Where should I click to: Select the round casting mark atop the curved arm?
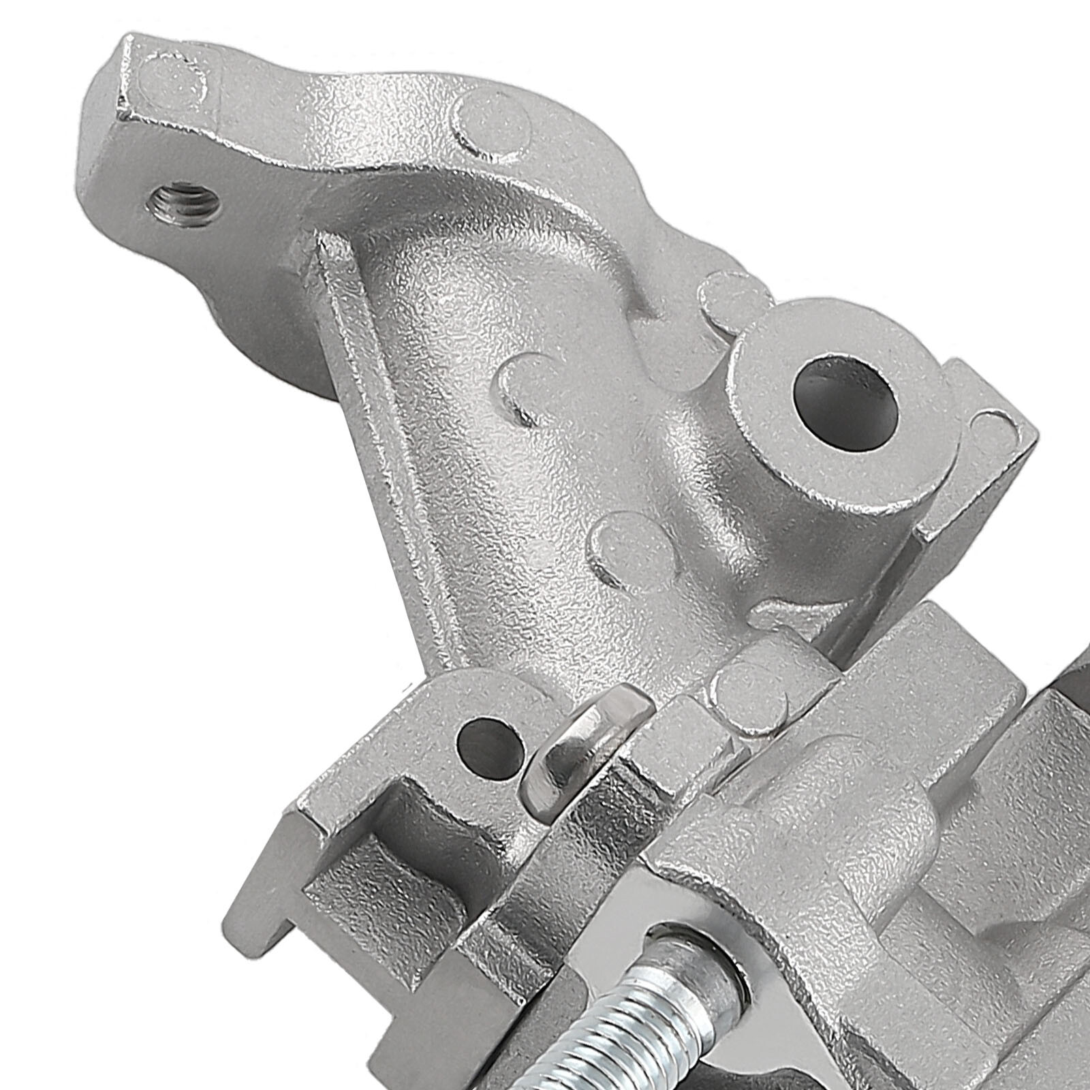click(495, 122)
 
